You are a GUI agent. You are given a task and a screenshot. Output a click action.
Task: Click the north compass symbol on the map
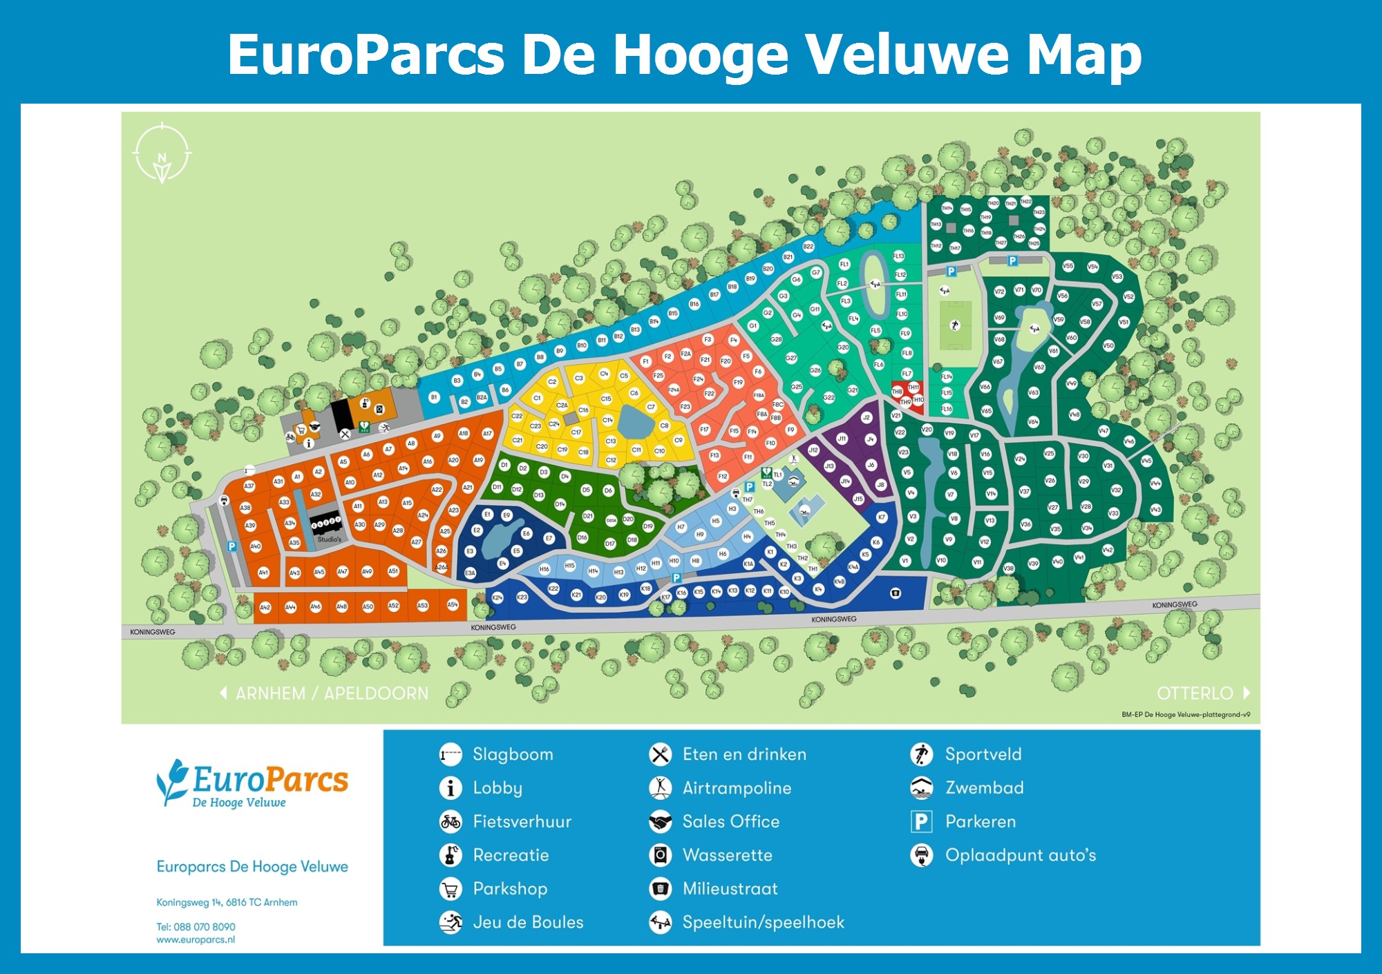(x=162, y=153)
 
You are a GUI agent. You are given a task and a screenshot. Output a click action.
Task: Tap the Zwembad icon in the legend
(x=921, y=788)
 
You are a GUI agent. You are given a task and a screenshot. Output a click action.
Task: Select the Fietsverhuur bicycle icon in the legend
(x=451, y=822)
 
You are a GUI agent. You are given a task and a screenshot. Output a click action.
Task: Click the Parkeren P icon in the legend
(x=921, y=822)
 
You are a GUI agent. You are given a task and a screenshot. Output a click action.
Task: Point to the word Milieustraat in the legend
(x=730, y=889)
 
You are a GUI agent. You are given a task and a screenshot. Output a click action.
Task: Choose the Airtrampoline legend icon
(x=661, y=788)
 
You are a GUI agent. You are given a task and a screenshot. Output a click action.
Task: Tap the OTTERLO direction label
(x=1195, y=694)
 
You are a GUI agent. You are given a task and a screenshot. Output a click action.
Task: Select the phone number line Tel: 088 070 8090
(x=196, y=927)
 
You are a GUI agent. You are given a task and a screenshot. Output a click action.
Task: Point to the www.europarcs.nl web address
(x=196, y=940)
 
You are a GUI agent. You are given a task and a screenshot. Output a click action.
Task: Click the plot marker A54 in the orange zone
(x=453, y=605)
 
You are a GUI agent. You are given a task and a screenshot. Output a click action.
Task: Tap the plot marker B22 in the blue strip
(x=808, y=247)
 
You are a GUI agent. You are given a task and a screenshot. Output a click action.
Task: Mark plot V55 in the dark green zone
(x=1068, y=266)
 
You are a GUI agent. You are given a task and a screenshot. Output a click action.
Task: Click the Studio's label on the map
(x=329, y=539)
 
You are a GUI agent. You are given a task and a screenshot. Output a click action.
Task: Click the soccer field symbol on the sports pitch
(x=955, y=325)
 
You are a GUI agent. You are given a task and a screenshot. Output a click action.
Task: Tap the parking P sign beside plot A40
(x=232, y=546)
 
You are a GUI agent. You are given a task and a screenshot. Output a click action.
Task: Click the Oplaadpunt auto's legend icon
(x=921, y=856)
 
